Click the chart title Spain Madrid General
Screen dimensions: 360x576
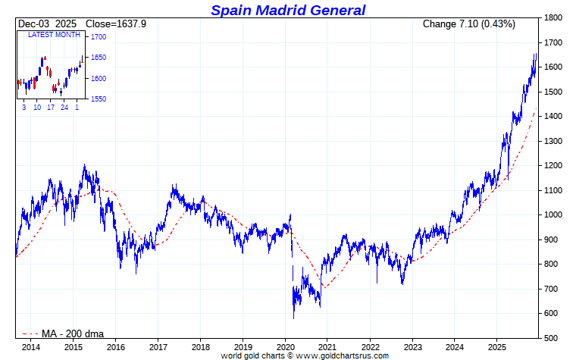click(288, 10)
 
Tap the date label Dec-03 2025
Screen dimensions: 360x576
click(48, 24)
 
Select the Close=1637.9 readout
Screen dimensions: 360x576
click(116, 24)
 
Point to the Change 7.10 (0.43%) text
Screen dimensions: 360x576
click(468, 24)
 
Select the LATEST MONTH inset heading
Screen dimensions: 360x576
click(55, 35)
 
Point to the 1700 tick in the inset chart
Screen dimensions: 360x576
click(98, 36)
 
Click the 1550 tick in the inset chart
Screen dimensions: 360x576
click(98, 99)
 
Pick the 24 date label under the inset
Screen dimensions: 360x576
click(64, 108)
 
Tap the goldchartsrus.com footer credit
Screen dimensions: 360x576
click(305, 355)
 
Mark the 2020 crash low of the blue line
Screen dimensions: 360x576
click(293, 318)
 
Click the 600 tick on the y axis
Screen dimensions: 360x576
click(551, 313)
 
